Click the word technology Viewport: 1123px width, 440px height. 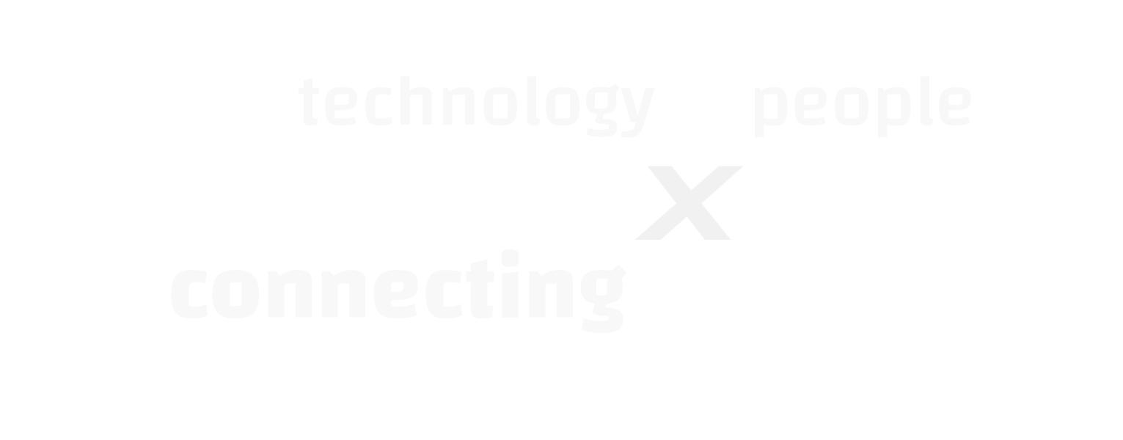476,106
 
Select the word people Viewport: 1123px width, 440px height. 863,106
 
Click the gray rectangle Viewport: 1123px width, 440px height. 688,202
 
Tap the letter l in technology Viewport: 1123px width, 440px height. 533,101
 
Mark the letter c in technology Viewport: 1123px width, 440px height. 378,106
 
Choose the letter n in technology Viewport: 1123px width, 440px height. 458,106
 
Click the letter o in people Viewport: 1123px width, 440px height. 852,106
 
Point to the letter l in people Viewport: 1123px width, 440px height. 926,101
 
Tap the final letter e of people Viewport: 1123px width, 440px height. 954,106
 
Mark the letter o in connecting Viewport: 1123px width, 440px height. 235,294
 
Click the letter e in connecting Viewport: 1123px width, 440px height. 396,294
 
